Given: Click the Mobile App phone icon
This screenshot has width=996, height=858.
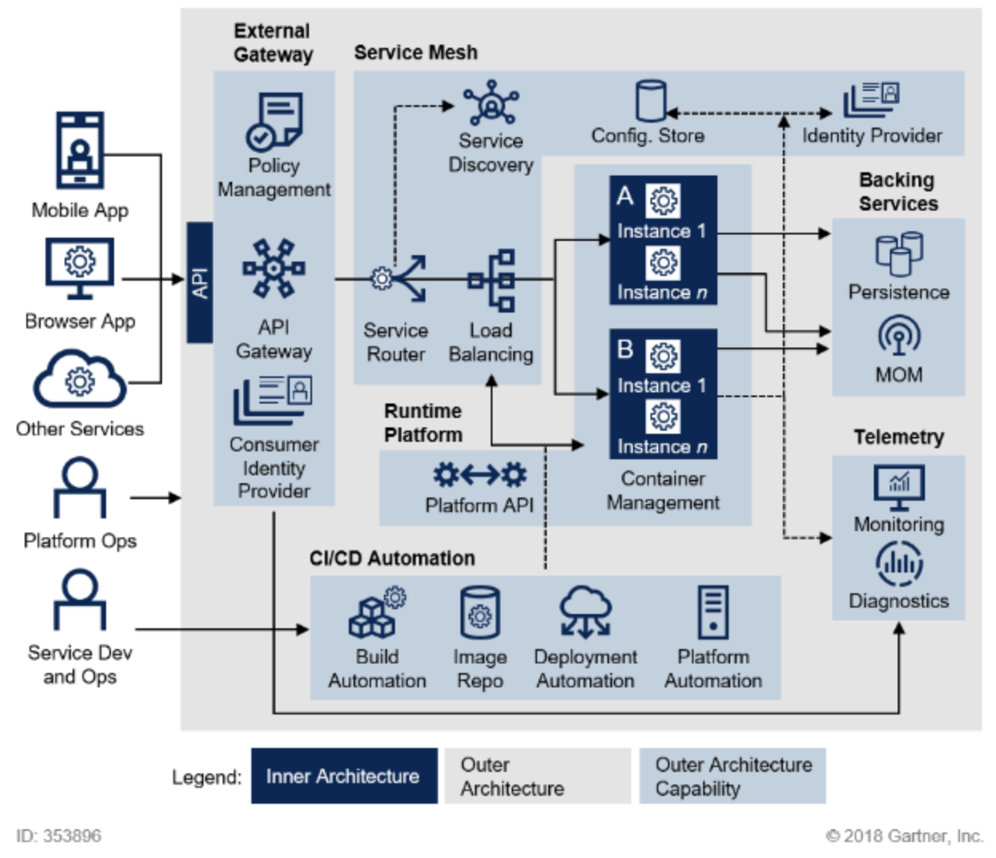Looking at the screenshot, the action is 80,150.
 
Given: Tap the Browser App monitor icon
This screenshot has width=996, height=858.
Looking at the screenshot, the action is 80,269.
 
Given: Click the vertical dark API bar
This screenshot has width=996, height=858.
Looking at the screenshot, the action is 200,282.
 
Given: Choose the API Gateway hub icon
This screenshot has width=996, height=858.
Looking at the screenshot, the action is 274,268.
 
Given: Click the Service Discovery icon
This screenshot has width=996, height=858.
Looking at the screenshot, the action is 491,103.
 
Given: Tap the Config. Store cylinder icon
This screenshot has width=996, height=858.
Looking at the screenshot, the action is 651,101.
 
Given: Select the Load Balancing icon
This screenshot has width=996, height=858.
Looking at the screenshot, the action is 492,280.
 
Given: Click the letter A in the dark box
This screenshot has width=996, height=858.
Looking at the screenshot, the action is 625,196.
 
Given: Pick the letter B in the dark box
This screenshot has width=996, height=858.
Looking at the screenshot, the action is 625,349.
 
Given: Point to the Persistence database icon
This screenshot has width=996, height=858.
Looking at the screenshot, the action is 899,254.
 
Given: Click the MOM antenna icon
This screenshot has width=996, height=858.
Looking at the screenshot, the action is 899,336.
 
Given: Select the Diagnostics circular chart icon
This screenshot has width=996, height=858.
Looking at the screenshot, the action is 899,564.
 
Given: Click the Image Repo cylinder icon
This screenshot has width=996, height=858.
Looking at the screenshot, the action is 480,612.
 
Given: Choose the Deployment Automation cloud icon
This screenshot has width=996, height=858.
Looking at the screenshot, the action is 586,612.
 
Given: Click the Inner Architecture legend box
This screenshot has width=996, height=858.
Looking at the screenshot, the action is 344,776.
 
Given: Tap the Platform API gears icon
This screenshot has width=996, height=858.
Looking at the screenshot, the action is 480,475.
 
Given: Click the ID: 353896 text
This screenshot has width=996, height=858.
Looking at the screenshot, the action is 58,836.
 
